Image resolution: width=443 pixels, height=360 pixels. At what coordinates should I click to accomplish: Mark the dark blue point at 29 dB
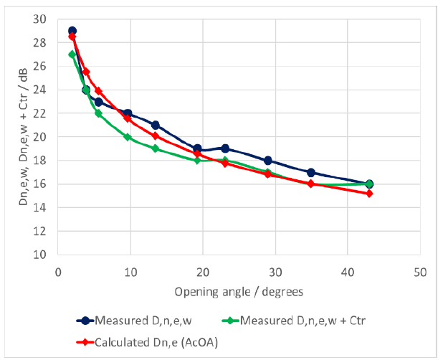click(x=72, y=31)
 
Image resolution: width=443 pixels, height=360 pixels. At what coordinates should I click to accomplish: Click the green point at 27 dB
click(x=72, y=55)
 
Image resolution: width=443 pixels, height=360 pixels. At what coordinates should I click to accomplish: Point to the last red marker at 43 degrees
click(x=369, y=194)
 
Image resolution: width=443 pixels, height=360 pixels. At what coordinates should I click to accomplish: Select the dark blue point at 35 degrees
click(x=311, y=172)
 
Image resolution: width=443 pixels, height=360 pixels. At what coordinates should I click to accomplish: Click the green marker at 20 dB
click(x=128, y=137)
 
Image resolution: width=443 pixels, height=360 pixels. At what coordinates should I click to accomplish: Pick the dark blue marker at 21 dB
click(x=155, y=125)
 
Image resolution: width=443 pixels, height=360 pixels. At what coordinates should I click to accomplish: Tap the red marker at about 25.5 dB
click(x=86, y=72)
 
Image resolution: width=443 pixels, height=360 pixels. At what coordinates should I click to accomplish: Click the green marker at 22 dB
click(x=98, y=113)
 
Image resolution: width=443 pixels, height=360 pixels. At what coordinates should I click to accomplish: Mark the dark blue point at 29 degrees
click(x=268, y=160)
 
